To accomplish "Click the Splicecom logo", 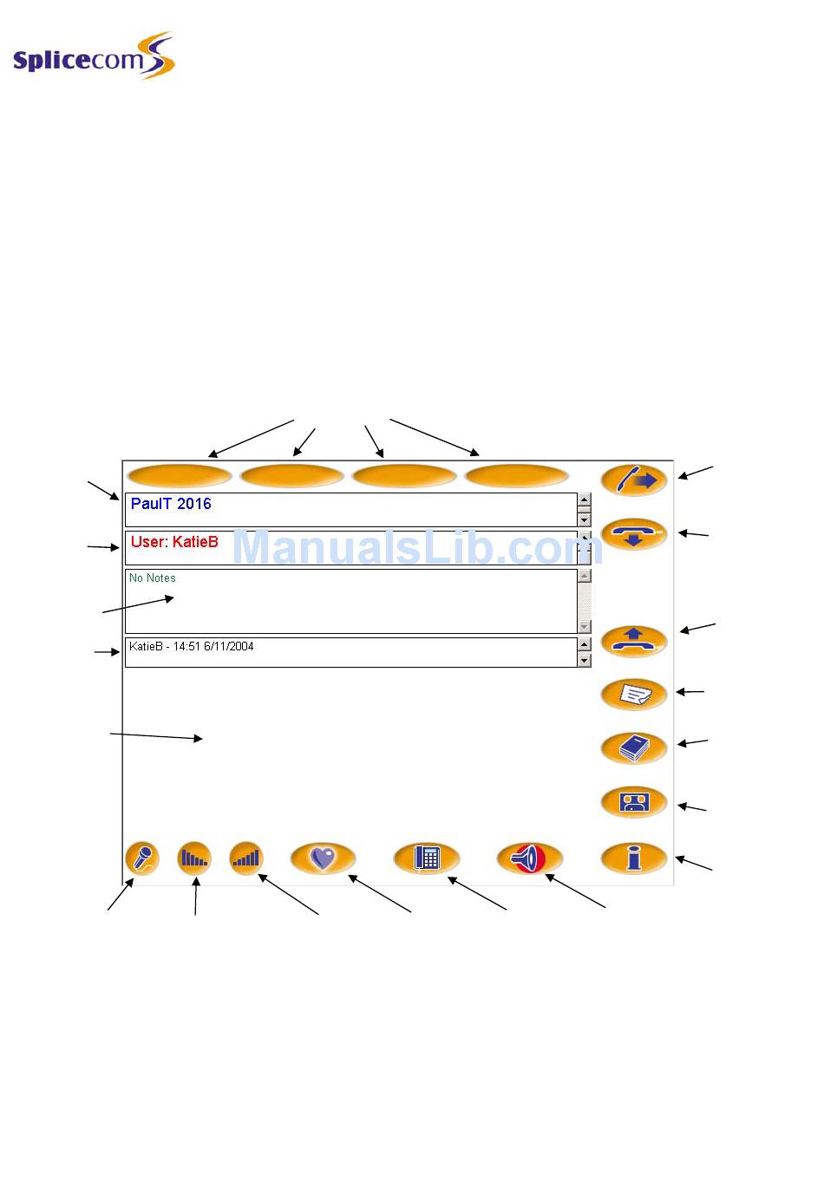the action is click(x=94, y=57).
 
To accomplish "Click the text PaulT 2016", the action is click(x=171, y=504).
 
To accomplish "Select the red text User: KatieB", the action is click(x=174, y=542).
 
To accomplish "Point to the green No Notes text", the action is click(x=153, y=578).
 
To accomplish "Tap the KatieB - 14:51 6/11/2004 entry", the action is click(x=192, y=647).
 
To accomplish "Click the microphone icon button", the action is click(x=142, y=858).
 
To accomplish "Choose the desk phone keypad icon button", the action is click(x=427, y=858).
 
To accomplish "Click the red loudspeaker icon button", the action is click(x=529, y=858).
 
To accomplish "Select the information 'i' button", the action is click(x=634, y=858).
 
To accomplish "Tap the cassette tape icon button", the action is click(x=634, y=802).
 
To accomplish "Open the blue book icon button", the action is click(x=634, y=747).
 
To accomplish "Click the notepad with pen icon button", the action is click(x=634, y=694).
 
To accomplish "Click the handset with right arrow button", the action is click(x=634, y=480).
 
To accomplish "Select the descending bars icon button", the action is click(x=194, y=858).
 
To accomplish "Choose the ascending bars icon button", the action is click(x=246, y=858).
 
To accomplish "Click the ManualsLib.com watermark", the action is click(x=416, y=548).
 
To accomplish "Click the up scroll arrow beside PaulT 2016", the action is click(x=585, y=499).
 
